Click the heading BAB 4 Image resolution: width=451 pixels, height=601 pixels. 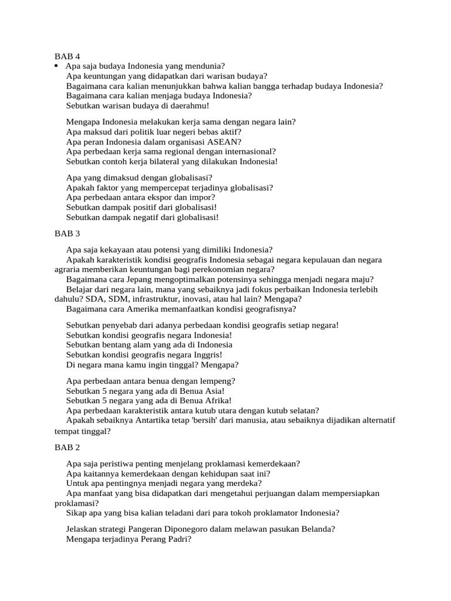67,56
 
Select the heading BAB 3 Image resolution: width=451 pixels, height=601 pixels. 67,233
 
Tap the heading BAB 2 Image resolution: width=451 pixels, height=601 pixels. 67,448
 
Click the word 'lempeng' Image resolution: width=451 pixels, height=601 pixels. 216,381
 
